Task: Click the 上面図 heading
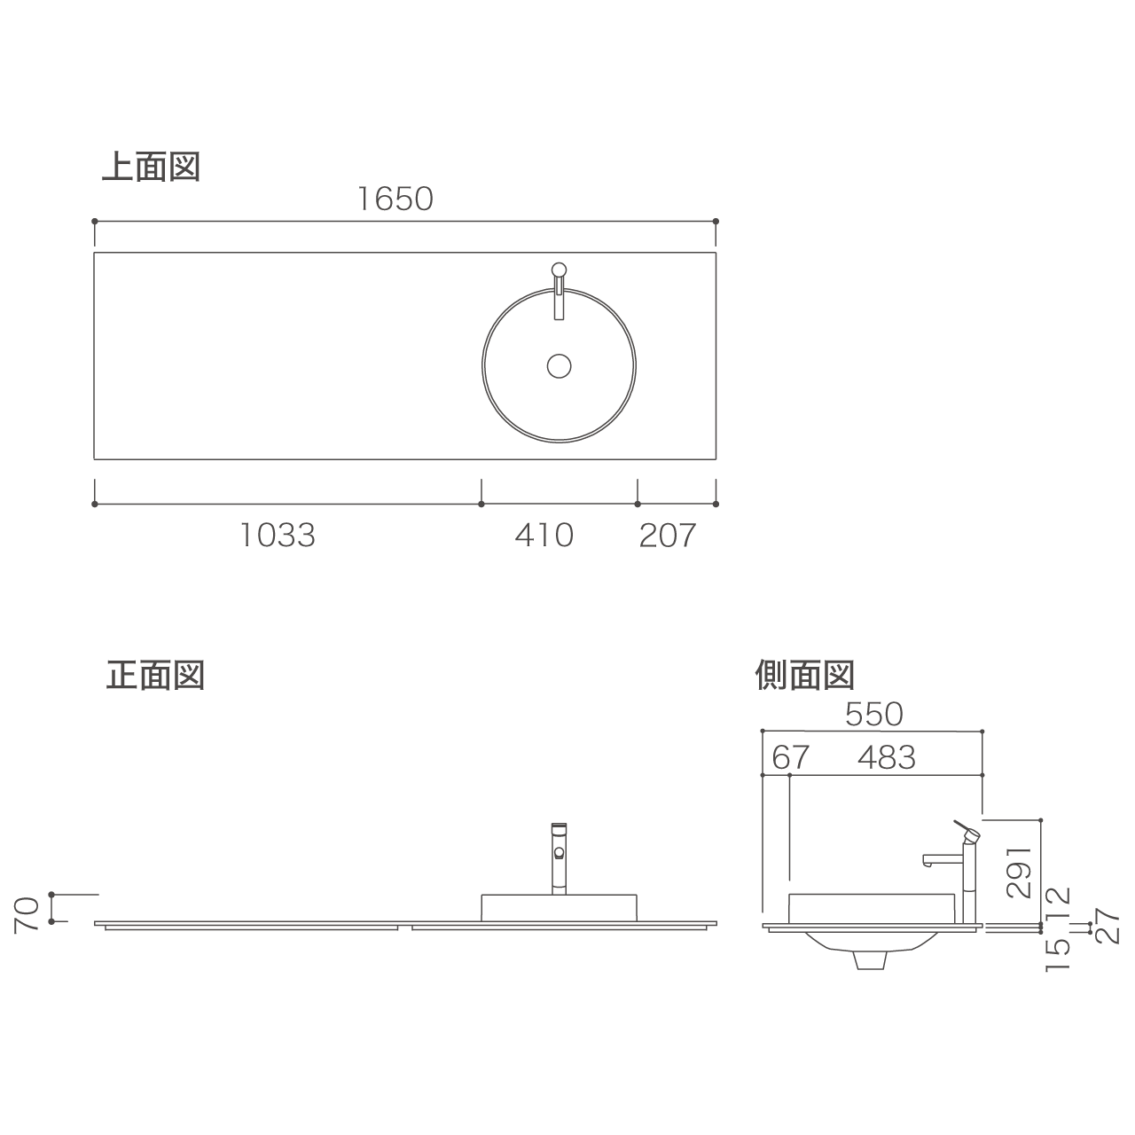[152, 167]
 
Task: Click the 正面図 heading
[155, 675]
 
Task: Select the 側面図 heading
[804, 675]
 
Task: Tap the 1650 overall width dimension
[395, 199]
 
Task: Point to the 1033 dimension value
[278, 536]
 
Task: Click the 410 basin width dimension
[544, 536]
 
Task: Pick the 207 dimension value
[668, 536]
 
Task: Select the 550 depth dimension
[874, 715]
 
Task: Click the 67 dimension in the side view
[790, 757]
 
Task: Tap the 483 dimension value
[887, 757]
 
